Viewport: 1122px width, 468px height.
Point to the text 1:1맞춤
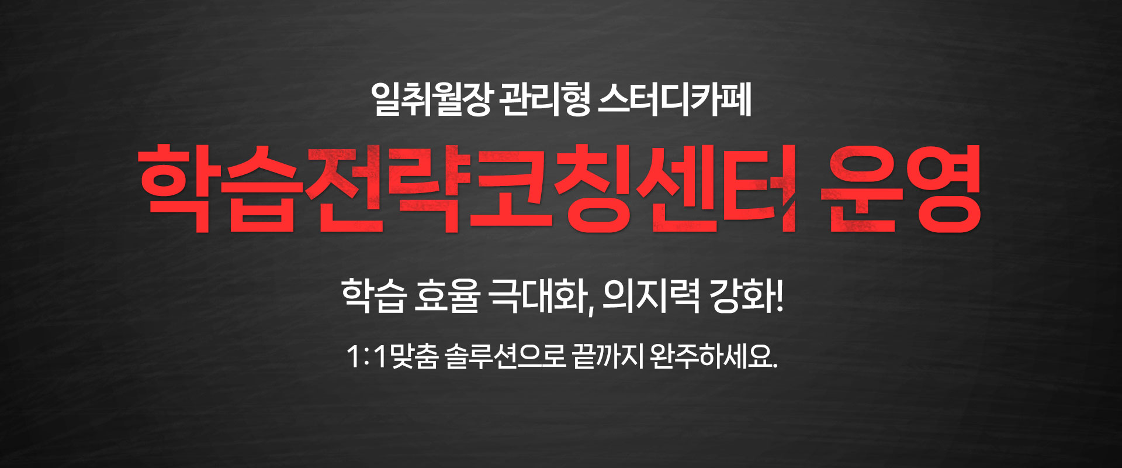[x=392, y=356]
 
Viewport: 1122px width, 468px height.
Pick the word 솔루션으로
[x=505, y=356]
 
